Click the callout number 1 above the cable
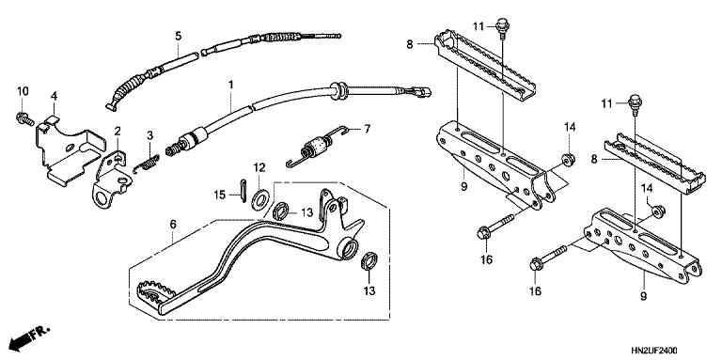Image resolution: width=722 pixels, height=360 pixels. coord(228,85)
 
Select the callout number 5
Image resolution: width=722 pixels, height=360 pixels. coord(177,36)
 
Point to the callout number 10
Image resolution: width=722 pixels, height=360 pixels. coord(23,90)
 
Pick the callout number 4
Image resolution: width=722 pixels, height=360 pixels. coord(55,95)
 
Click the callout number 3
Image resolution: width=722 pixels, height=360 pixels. coord(149,135)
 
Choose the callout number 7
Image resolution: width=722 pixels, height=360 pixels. coord(368,128)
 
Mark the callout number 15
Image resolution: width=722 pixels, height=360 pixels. coord(220,196)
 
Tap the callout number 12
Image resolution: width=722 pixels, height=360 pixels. coord(260,166)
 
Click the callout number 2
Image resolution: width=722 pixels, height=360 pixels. coord(118,131)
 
